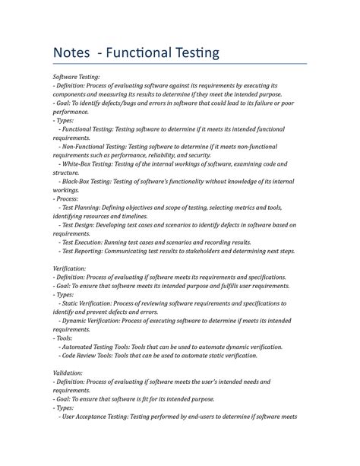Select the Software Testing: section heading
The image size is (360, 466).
[76, 77]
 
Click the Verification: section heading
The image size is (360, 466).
[69, 268]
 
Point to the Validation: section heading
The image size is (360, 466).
[68, 372]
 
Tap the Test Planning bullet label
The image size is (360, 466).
[84, 208]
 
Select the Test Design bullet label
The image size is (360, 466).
[81, 225]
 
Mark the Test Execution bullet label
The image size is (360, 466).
[85, 243]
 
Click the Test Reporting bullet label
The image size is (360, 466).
[86, 251]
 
